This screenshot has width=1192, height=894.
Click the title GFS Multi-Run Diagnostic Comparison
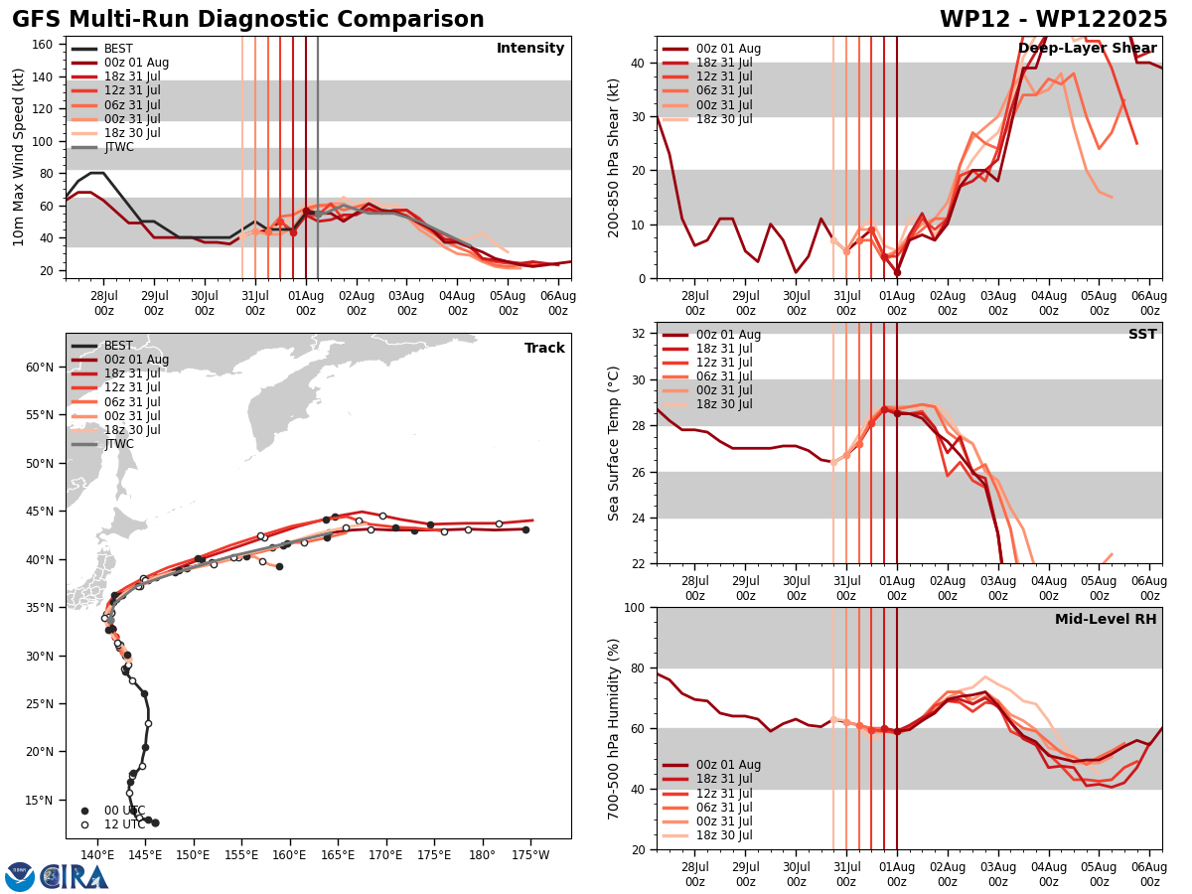248,20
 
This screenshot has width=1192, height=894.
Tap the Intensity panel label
530,49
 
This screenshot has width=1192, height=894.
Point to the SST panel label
1142,335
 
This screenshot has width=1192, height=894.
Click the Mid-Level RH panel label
1106,620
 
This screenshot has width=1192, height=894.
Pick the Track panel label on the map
544,349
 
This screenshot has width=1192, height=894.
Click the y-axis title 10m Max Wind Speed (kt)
19,157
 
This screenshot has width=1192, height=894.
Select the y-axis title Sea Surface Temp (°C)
614,443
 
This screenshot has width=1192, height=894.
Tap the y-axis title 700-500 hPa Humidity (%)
614,728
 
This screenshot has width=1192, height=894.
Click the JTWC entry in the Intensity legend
118,147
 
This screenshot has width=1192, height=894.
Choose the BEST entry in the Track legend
118,346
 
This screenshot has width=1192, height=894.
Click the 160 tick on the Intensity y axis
44,44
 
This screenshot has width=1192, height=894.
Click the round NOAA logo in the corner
20,877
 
